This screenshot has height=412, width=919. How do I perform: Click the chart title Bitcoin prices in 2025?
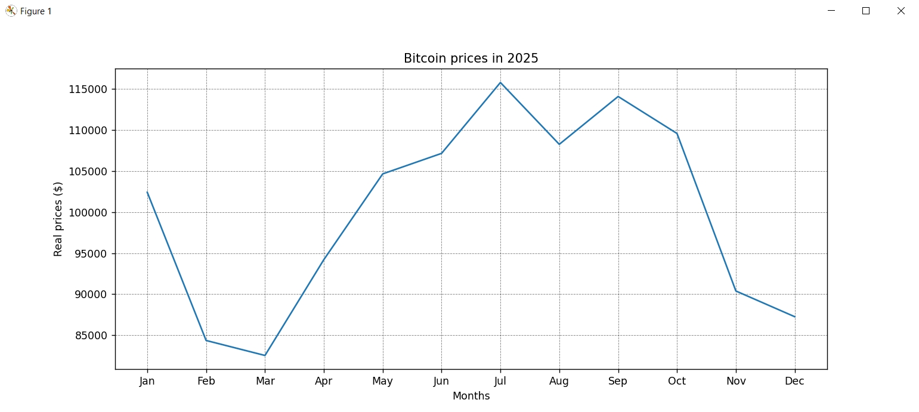pos(471,58)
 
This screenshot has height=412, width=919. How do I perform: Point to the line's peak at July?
pos(500,82)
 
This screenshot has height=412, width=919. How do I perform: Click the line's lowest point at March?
pos(265,355)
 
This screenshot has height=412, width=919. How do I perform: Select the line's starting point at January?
pos(147,192)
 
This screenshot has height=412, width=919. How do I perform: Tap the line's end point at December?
pos(794,317)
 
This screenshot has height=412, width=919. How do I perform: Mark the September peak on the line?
pos(618,97)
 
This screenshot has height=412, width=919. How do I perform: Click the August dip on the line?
pos(559,144)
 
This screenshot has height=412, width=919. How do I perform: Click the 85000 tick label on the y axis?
pos(90,336)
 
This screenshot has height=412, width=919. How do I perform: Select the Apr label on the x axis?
pos(324,382)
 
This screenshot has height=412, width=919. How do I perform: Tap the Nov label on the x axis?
pos(735,382)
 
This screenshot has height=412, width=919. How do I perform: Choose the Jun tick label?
pos(441,382)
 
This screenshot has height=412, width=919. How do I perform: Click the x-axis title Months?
pos(471,396)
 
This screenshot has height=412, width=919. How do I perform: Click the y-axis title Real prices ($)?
pos(58,219)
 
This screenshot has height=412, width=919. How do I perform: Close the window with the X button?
pos(901,11)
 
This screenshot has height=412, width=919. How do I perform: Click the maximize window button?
pos(866,11)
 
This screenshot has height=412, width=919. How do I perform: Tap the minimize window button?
pos(831,11)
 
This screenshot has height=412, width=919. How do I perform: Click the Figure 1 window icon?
pos(11,11)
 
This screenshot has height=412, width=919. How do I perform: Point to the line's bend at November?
pos(735,291)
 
